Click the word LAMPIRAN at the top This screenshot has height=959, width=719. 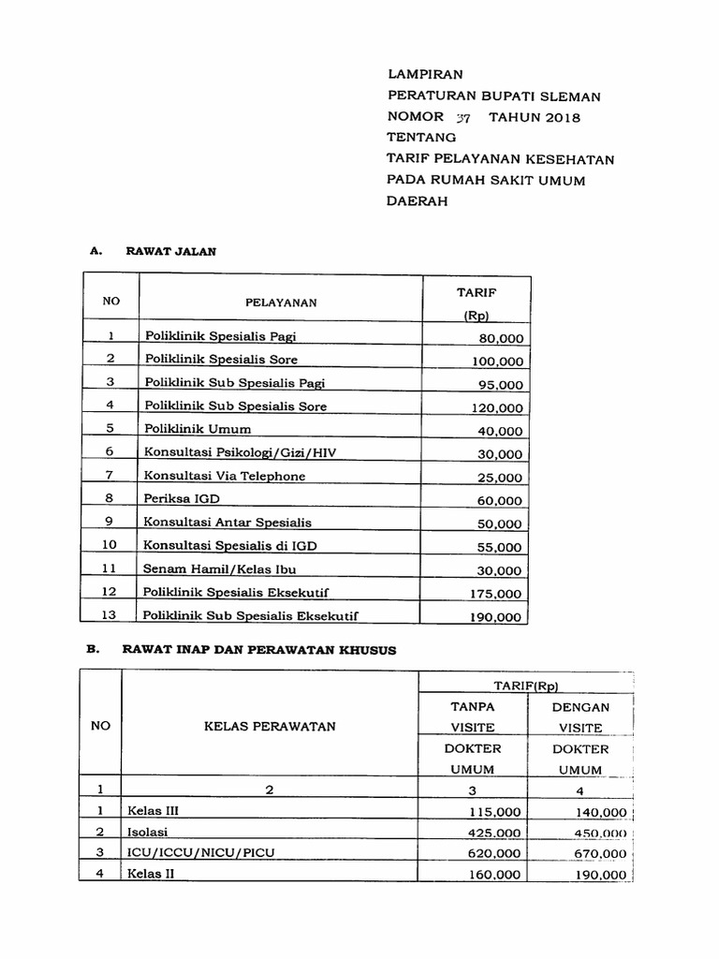click(425, 74)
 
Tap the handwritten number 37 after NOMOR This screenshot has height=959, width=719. click(463, 118)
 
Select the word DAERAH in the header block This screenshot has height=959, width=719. click(418, 201)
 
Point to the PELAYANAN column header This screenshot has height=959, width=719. click(281, 302)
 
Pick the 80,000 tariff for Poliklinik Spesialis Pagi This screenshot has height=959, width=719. click(500, 339)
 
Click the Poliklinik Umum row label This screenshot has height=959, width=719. click(197, 430)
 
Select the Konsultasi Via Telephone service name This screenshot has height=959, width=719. click(224, 476)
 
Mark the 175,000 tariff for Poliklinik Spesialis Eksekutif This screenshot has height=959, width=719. click(496, 594)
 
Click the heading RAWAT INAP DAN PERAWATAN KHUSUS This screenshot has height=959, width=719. click(260, 651)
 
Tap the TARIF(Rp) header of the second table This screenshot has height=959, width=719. click(526, 686)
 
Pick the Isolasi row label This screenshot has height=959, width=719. click(148, 832)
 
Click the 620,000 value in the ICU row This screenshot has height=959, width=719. click(496, 854)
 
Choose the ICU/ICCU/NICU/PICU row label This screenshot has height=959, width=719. click(200, 853)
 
